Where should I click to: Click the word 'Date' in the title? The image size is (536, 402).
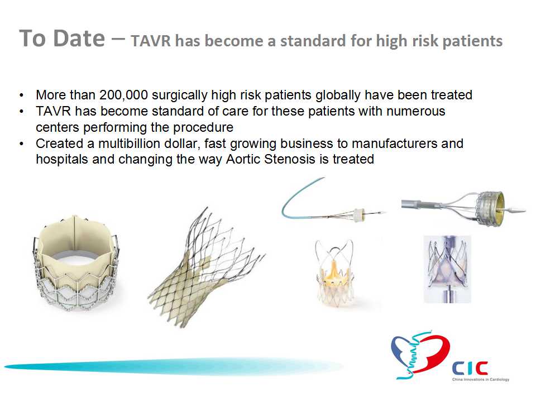click(79, 39)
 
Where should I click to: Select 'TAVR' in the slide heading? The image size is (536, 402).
click(150, 41)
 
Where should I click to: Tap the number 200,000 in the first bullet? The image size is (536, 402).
click(123, 95)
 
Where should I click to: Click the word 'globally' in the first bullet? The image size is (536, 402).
click(338, 95)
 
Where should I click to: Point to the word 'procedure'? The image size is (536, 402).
click(203, 128)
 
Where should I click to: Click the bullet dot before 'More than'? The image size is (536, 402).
click(22, 95)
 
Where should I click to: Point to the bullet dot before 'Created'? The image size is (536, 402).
click(22, 144)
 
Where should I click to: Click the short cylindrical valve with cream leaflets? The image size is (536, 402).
click(77, 263)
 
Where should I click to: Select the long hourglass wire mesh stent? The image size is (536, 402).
click(207, 268)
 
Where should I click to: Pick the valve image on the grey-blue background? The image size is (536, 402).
click(447, 269)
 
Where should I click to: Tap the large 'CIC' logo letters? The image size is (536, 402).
click(470, 368)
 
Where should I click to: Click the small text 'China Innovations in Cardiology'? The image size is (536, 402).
click(481, 380)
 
